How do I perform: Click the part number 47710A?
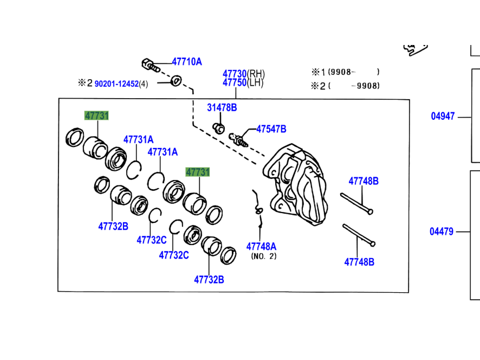point(186,62)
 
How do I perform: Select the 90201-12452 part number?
point(116,83)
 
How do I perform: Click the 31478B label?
point(222,108)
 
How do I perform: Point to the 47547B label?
point(271,129)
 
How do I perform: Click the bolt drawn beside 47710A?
point(151,66)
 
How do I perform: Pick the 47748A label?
point(261,247)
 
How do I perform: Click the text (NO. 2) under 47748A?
point(263,256)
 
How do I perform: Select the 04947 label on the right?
point(443,116)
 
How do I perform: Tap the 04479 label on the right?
point(442,232)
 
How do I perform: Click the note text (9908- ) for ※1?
point(353,72)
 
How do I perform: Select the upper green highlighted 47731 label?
point(96,115)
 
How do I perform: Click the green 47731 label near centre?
point(198,172)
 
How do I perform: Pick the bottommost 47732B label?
point(209,280)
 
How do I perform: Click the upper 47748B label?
point(363,181)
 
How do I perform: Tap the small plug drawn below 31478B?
point(219,128)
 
